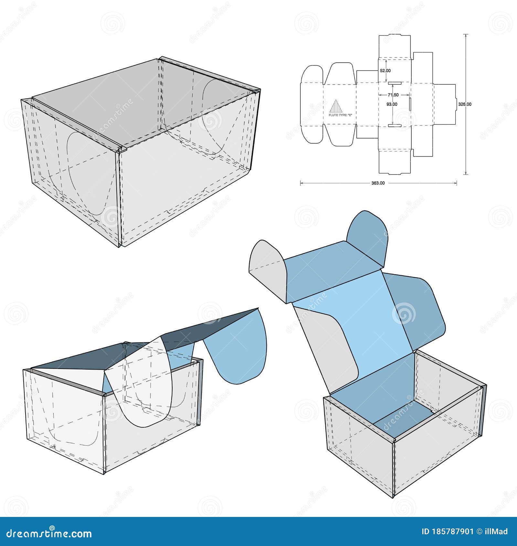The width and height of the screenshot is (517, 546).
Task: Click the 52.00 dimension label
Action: [385, 71]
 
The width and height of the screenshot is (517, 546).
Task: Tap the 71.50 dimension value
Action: [393, 95]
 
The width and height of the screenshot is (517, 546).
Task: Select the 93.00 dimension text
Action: [392, 104]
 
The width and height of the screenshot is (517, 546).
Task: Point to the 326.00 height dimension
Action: [465, 104]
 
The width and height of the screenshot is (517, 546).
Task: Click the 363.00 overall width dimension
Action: [378, 183]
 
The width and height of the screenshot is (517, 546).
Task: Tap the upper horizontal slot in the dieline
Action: [395, 83]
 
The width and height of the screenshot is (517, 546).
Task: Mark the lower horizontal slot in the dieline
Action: [395, 125]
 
